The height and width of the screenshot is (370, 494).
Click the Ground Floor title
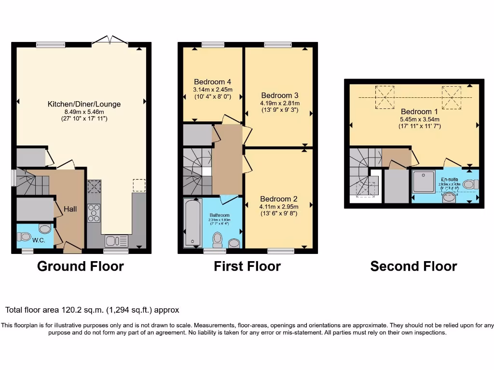(80, 266)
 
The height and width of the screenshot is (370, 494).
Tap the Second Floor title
(413, 266)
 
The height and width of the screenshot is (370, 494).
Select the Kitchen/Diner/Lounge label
(84, 104)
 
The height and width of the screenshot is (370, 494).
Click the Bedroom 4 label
(212, 81)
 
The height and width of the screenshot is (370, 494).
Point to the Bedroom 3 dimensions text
(280, 106)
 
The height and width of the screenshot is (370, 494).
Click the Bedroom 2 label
(278, 199)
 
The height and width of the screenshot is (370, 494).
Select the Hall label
(70, 209)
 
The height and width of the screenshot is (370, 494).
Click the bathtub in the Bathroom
(192, 224)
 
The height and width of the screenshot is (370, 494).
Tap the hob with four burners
(94, 213)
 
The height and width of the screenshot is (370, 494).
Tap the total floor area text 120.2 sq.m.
(92, 310)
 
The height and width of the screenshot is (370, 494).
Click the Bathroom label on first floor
(220, 215)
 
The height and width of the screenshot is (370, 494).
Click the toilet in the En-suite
(469, 184)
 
